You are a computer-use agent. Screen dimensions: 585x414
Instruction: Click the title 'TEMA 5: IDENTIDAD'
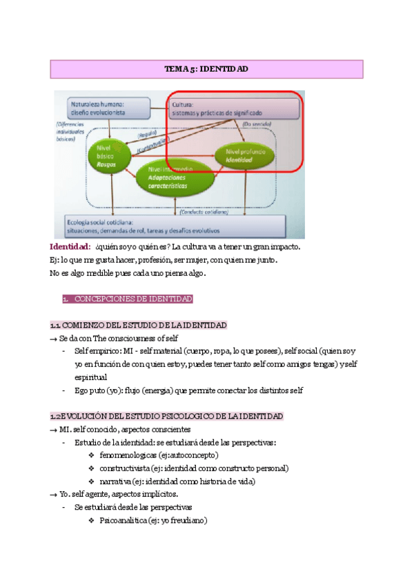click(206, 70)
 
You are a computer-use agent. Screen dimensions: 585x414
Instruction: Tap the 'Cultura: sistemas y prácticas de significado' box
click(235, 108)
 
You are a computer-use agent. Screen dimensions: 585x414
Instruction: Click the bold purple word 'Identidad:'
click(70, 246)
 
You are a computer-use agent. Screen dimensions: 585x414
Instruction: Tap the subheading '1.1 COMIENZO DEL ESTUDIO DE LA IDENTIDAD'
click(138, 325)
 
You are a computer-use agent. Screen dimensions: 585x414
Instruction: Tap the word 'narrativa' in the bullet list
click(115, 482)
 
